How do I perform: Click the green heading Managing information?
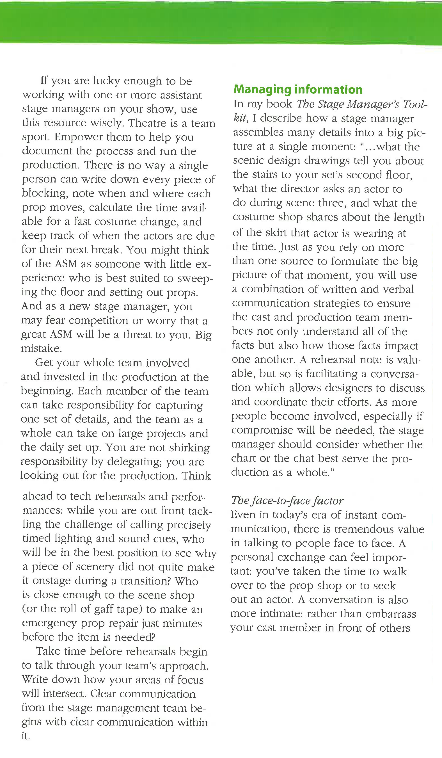298,89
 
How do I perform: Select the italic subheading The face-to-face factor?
287,501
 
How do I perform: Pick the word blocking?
43,193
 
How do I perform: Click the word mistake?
41,348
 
